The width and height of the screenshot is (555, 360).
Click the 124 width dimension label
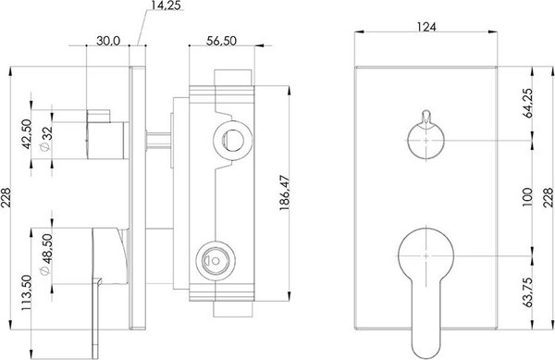pyautogui.click(x=426, y=27)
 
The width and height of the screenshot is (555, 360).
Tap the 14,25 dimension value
pyautogui.click(x=166, y=6)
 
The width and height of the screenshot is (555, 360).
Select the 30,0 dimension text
pyautogui.click(x=108, y=41)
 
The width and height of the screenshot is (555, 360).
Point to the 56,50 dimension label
pyautogui.click(x=221, y=41)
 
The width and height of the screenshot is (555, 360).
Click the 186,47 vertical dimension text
pyautogui.click(x=285, y=192)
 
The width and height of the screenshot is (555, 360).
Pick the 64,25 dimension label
pyautogui.click(x=527, y=103)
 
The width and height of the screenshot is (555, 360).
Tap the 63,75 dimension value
pyautogui.click(x=527, y=292)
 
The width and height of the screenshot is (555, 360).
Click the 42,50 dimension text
pyautogui.click(x=27, y=134)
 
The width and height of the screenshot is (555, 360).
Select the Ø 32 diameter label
pyautogui.click(x=46, y=139)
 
